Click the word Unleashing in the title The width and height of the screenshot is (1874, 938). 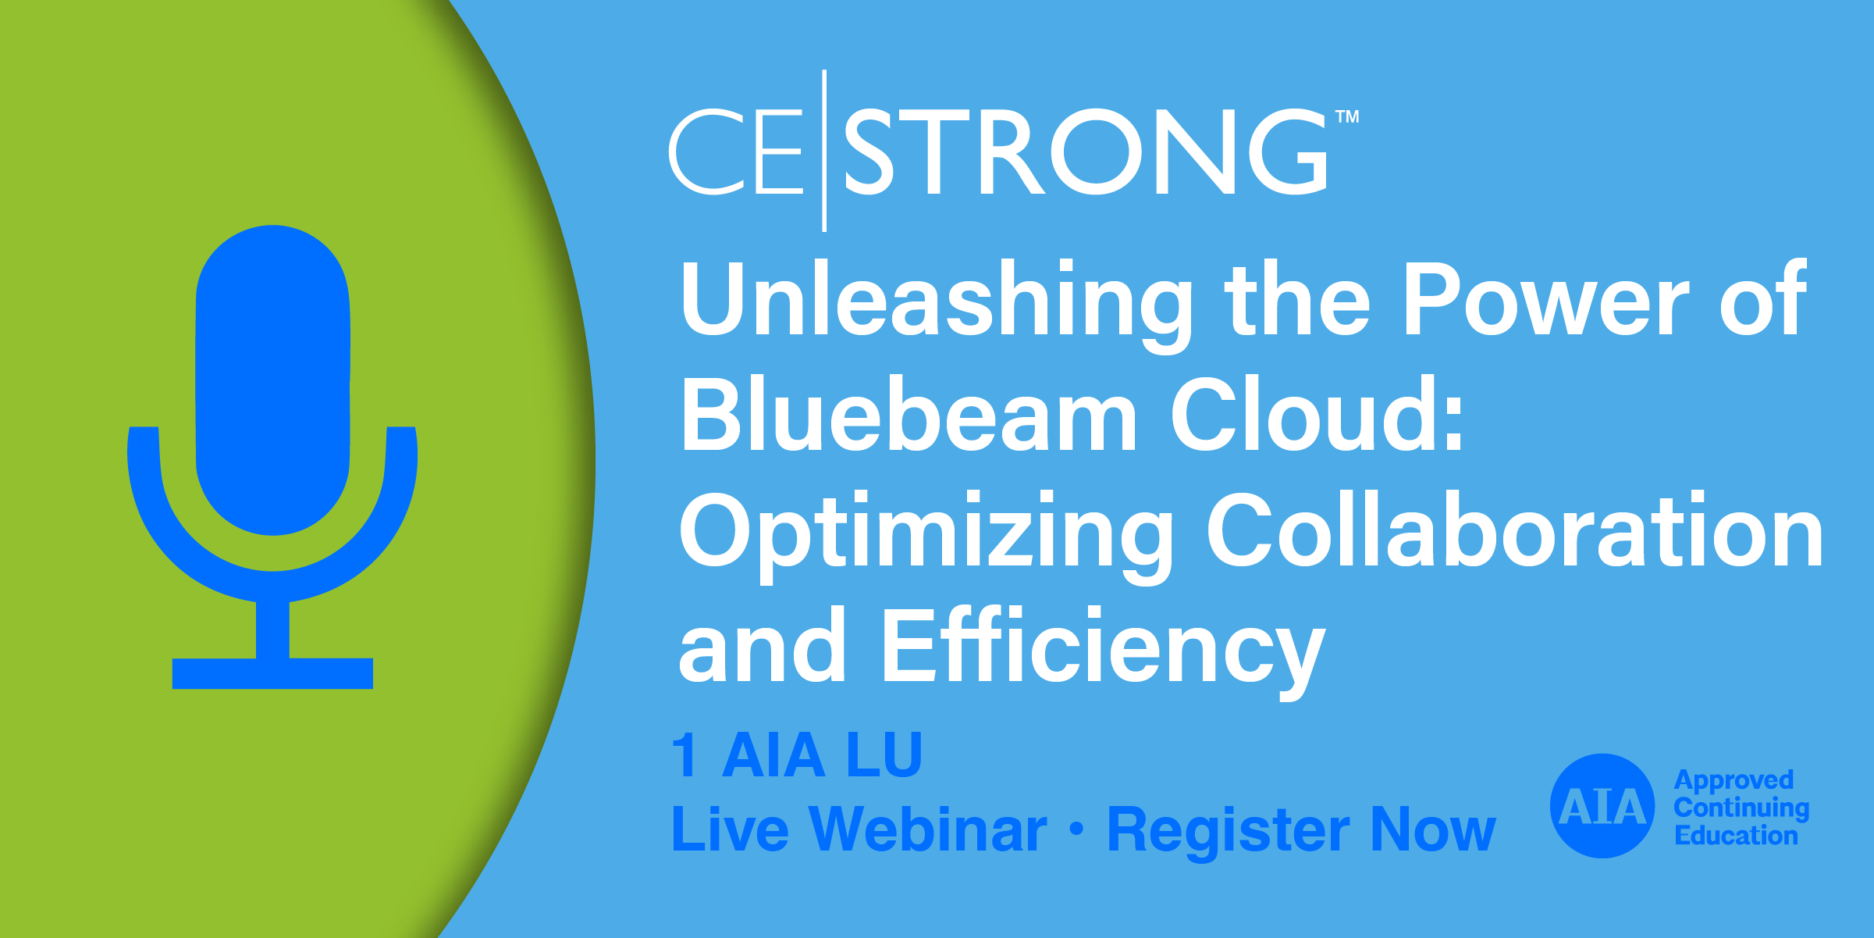(936, 305)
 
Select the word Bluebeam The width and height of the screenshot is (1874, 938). (909, 414)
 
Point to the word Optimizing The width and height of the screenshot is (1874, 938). (926, 536)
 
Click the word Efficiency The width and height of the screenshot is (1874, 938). (1104, 651)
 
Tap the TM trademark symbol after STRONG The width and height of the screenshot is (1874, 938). (1348, 117)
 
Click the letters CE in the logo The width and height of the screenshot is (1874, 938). (736, 152)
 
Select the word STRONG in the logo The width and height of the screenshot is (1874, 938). (1086, 152)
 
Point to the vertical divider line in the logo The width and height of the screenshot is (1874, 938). (824, 151)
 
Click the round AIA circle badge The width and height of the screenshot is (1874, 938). (1602, 806)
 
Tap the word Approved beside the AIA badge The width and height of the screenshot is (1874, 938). (1734, 781)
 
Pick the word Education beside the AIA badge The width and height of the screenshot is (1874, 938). (1736, 835)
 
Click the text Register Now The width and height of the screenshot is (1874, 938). (1301, 831)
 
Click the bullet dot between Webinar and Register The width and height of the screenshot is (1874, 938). (1077, 829)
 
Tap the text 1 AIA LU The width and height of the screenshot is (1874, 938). (797, 755)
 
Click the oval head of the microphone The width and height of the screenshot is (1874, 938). (272, 380)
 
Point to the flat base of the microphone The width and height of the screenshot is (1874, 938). (272, 673)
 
